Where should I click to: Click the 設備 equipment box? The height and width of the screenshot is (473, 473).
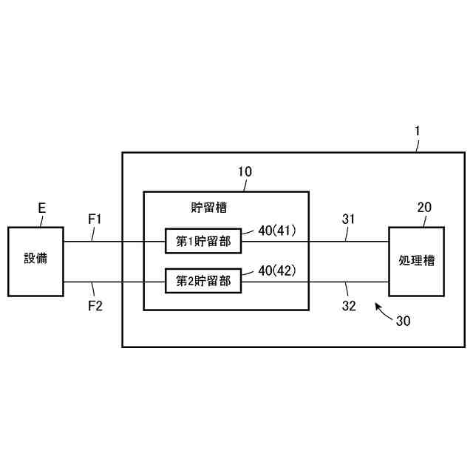(x=35, y=261)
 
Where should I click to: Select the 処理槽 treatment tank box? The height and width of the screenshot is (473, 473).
(x=416, y=261)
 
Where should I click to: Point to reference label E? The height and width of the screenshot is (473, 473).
(x=42, y=209)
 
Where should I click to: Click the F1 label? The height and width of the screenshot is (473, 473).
(x=95, y=220)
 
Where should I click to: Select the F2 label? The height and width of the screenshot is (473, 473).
(x=95, y=305)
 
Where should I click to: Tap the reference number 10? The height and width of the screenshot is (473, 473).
(x=245, y=171)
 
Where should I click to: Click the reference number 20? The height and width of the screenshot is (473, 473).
(x=424, y=208)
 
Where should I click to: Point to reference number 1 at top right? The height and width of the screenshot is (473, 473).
(x=418, y=131)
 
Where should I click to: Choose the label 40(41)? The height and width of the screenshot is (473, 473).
(x=277, y=231)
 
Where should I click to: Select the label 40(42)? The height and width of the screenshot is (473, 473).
(x=277, y=270)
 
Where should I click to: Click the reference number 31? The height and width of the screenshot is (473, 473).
(x=349, y=220)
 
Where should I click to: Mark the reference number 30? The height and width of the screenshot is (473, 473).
(x=404, y=321)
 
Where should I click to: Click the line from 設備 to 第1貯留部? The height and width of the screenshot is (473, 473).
(x=115, y=241)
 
